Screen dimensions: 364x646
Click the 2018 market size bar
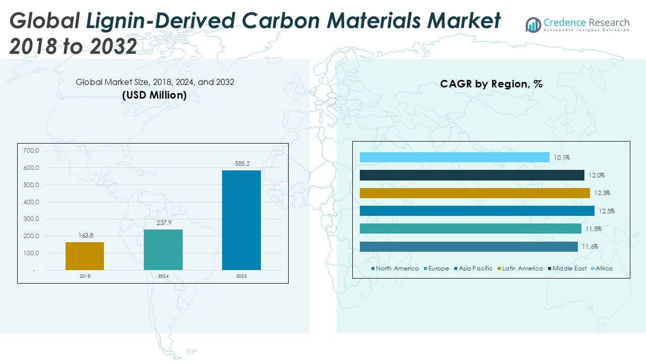click(85, 256)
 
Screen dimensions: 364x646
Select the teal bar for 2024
click(163, 249)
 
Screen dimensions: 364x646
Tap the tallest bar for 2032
click(241, 220)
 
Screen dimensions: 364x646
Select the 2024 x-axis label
click(163, 277)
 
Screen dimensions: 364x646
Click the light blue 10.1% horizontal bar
click(454, 157)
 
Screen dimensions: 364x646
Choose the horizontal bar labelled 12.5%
click(477, 211)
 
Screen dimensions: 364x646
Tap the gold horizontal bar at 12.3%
click(474, 193)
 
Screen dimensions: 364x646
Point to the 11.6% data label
click(589, 247)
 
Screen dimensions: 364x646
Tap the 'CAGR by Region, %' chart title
click(491, 84)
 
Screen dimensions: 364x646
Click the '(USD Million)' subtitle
click(154, 95)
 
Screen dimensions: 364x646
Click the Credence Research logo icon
click(533, 24)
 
